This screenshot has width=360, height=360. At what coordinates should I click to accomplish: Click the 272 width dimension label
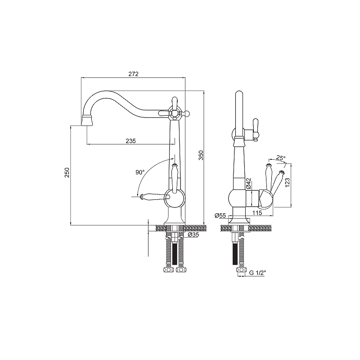coord(133,74)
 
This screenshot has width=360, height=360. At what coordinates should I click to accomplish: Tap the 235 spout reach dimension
coord(130,141)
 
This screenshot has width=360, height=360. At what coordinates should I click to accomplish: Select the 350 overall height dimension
coord(201,155)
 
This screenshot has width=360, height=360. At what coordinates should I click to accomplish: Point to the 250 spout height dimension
coord(67,172)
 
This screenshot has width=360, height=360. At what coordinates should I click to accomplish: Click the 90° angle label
coord(140,172)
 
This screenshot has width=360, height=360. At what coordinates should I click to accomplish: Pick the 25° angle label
coord(281,158)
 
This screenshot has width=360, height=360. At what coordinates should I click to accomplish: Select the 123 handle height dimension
coord(288,183)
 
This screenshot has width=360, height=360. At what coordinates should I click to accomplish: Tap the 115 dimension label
coord(257,213)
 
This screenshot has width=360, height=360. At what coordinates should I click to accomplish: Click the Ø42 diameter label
coord(248,184)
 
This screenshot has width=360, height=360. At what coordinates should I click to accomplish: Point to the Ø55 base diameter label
coord(220,216)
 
